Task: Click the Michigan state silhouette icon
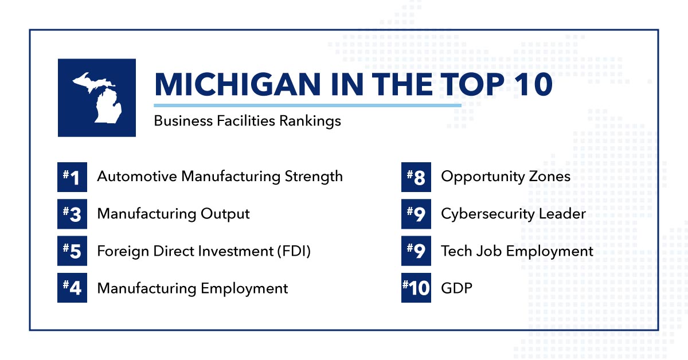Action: pyautogui.click(x=97, y=97)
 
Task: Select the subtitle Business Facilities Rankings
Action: pyautogui.click(x=248, y=121)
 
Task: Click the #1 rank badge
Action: pyautogui.click(x=72, y=177)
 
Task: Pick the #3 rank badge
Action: pyautogui.click(x=72, y=214)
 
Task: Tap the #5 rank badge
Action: pyautogui.click(x=72, y=251)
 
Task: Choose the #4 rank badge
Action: pyautogui.click(x=72, y=288)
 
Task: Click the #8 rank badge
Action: pyautogui.click(x=416, y=177)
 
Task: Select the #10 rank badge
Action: pyautogui.click(x=416, y=288)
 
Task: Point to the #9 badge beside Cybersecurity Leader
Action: pyautogui.click(x=416, y=214)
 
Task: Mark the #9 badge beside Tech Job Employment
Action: pyautogui.click(x=416, y=251)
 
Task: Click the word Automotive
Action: pyautogui.click(x=137, y=177)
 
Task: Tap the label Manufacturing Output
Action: pyautogui.click(x=173, y=214)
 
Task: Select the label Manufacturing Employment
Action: pyautogui.click(x=193, y=288)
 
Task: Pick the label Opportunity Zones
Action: pyautogui.click(x=506, y=177)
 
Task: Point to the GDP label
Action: pyautogui.click(x=456, y=288)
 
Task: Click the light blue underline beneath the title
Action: pyautogui.click(x=307, y=105)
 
